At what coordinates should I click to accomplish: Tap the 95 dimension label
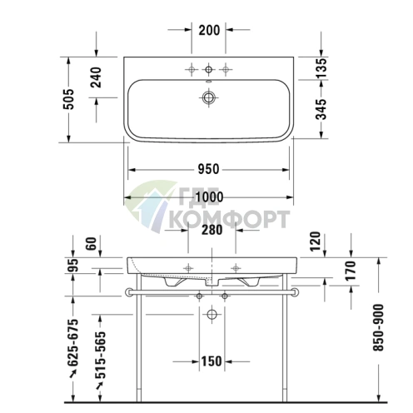click(x=73, y=266)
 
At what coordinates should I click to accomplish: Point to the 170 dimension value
click(x=351, y=269)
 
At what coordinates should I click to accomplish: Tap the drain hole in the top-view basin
click(x=208, y=98)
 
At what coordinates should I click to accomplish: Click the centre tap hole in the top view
click(x=208, y=67)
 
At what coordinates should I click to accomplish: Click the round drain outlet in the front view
click(x=210, y=315)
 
